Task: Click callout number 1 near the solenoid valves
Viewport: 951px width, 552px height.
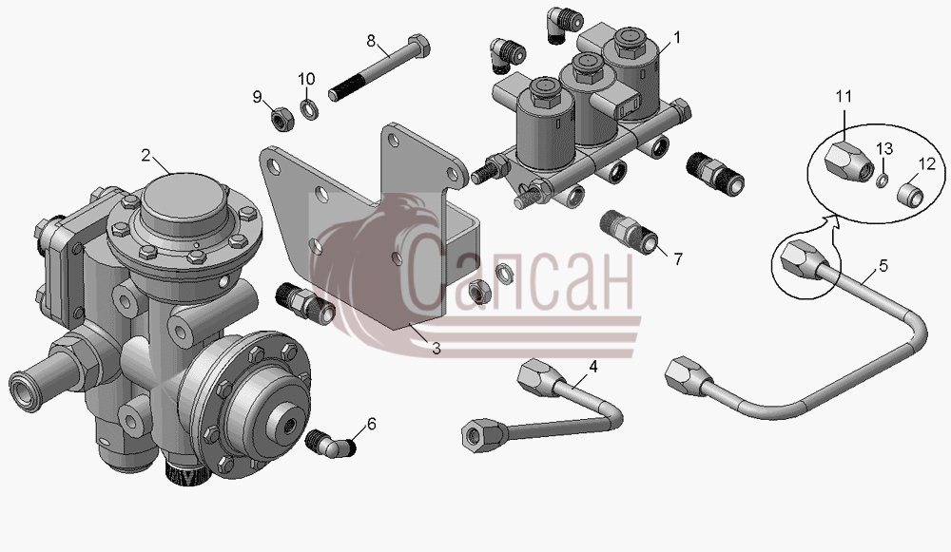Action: pos(677,38)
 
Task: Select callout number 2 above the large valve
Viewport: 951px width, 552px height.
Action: pos(146,156)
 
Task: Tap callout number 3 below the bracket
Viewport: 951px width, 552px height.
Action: pos(437,349)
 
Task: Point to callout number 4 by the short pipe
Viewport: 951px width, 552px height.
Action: pos(593,367)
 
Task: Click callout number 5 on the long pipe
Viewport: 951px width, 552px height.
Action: pos(883,266)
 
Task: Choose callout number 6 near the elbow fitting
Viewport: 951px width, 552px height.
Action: pos(372,424)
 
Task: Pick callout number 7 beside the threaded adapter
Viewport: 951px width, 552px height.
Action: pos(678,259)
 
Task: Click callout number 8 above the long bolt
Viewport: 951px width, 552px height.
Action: pos(371,41)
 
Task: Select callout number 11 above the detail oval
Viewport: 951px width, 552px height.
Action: pos(844,96)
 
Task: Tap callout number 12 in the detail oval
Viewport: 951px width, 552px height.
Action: pos(927,163)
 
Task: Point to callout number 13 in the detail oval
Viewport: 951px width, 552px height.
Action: pos(884,149)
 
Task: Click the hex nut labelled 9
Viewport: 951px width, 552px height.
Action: pos(281,119)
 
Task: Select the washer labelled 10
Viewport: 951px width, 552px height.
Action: pos(309,109)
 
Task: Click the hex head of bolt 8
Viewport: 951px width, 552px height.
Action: pos(417,46)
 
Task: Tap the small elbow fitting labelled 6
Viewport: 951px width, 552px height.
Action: pos(331,445)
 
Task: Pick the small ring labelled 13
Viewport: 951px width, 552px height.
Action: pos(883,180)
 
